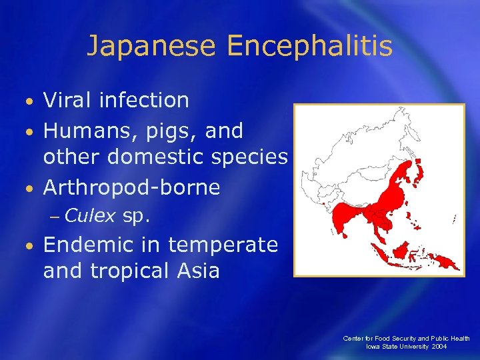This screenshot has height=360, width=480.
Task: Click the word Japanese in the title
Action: pos(151,46)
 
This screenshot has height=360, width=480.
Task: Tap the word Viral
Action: pos(68,101)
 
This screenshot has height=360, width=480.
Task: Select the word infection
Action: pos(143,101)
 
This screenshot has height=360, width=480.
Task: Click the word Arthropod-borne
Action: pos(131,187)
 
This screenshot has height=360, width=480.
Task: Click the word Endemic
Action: pos(87,245)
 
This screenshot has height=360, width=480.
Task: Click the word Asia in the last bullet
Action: pos(196,271)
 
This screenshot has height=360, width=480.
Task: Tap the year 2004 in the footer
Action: pos(438,347)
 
